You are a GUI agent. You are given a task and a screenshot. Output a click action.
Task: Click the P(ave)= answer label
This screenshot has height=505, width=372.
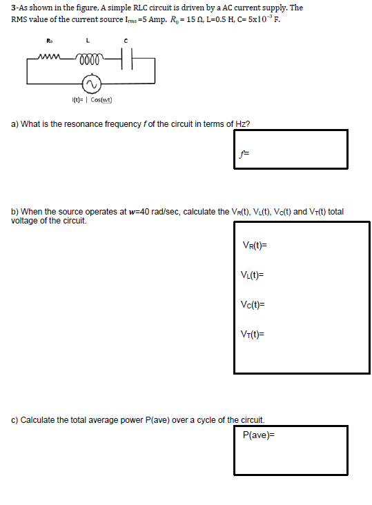(259, 435)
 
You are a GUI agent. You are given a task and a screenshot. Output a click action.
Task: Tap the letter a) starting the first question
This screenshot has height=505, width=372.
(14, 124)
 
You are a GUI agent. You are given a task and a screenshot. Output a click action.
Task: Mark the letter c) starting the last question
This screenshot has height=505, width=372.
(15, 419)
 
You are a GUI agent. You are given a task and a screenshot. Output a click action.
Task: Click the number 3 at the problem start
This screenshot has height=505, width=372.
(13, 8)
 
